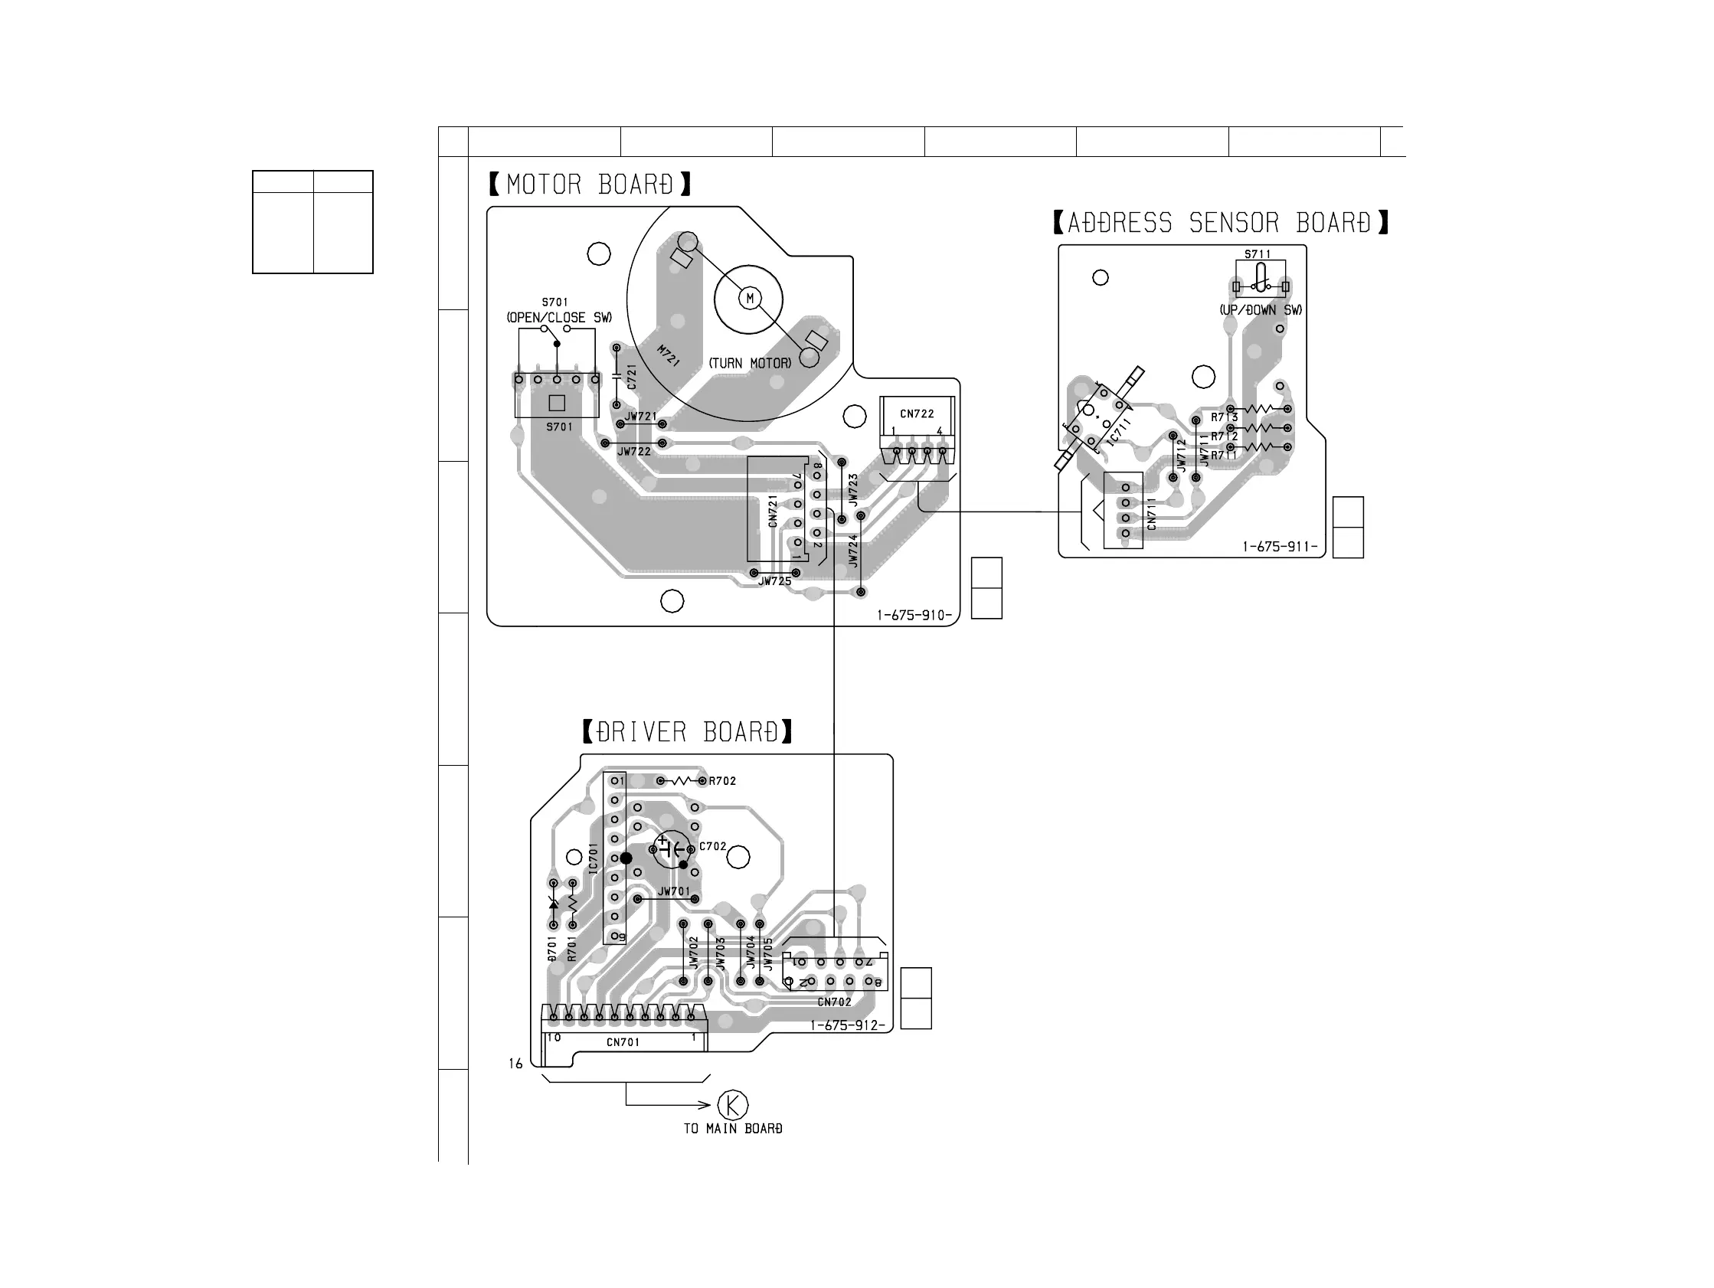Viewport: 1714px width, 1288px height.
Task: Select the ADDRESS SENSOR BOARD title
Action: (x=1221, y=223)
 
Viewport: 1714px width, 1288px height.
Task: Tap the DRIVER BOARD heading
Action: (x=687, y=731)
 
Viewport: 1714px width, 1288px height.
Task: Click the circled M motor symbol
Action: (x=749, y=299)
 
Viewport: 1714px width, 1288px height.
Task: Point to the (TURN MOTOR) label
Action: (x=750, y=363)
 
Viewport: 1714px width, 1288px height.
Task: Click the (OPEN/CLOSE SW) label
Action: (x=558, y=318)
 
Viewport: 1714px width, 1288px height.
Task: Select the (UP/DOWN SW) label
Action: (x=1261, y=310)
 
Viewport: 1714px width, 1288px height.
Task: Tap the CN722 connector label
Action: (x=917, y=414)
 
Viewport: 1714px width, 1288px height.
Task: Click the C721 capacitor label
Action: (x=632, y=378)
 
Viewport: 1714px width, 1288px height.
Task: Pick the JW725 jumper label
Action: (x=775, y=581)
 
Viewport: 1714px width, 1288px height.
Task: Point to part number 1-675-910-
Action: (x=914, y=616)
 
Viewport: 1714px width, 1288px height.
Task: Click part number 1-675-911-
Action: (x=1279, y=546)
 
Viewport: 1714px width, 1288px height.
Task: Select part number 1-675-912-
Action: (x=847, y=1025)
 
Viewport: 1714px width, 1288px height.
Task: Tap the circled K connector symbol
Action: (x=732, y=1104)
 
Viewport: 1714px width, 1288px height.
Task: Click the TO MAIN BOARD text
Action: (x=733, y=1129)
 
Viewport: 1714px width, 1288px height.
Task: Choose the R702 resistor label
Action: (x=722, y=781)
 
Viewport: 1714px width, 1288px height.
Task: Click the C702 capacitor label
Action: (x=713, y=846)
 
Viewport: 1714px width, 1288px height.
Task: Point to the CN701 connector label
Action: (x=623, y=1042)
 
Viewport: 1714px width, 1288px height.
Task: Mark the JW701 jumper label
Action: (x=673, y=891)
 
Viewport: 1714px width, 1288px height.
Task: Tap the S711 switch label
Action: (x=1258, y=254)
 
